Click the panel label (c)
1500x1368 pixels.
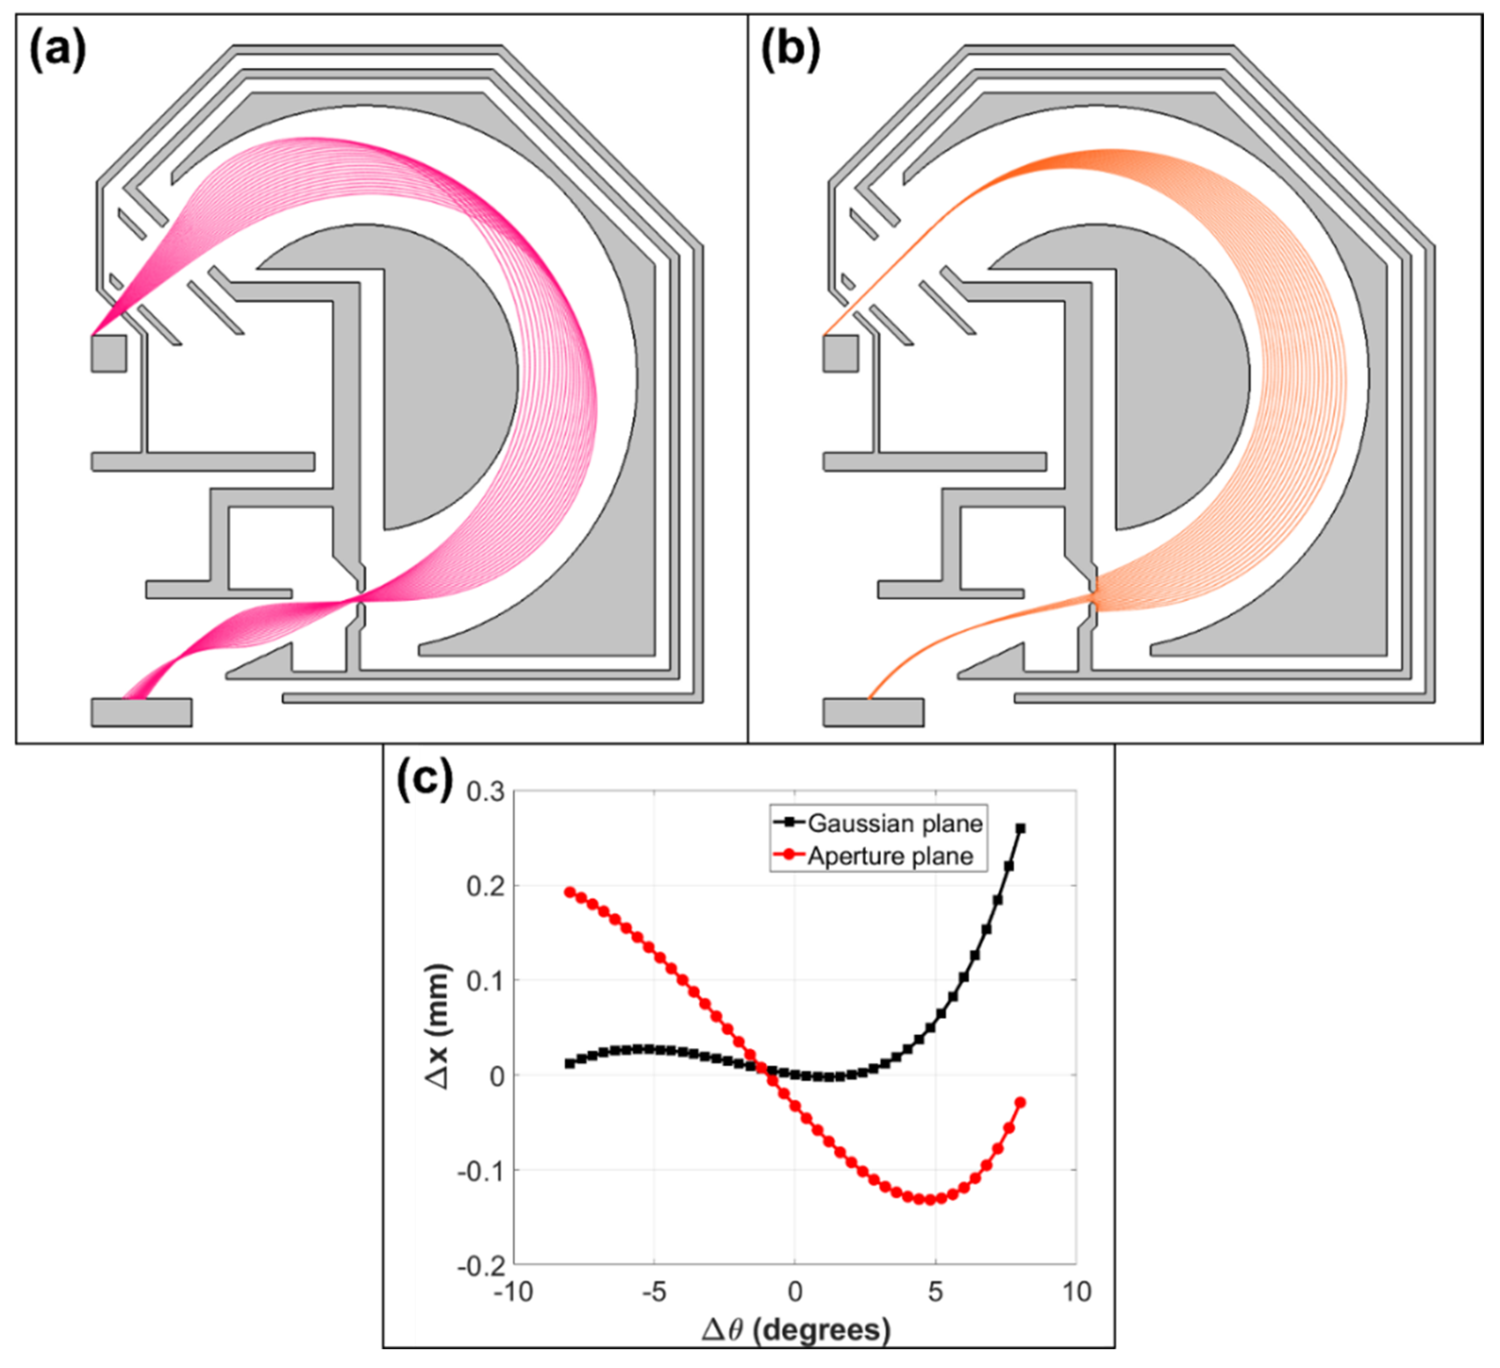click(424, 780)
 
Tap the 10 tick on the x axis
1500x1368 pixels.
click(1076, 1292)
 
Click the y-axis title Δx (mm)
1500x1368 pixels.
click(438, 1027)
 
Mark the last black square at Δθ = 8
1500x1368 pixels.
click(1020, 829)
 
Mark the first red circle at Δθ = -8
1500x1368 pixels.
click(570, 892)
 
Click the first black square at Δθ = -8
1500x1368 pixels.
click(570, 1064)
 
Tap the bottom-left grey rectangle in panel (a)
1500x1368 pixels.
click(141, 712)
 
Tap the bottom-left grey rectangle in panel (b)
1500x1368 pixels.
click(874, 712)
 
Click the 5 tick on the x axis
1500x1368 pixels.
click(935, 1292)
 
